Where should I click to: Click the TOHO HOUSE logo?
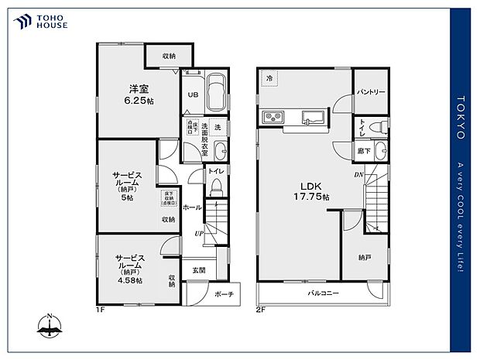click(39, 20)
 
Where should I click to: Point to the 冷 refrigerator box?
click(269, 78)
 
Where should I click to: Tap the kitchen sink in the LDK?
click(312, 118)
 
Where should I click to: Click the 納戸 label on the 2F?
click(364, 256)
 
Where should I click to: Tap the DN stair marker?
click(358, 175)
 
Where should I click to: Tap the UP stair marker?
click(199, 232)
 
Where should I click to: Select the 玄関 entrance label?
click(198, 270)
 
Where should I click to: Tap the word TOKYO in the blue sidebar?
click(460, 117)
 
